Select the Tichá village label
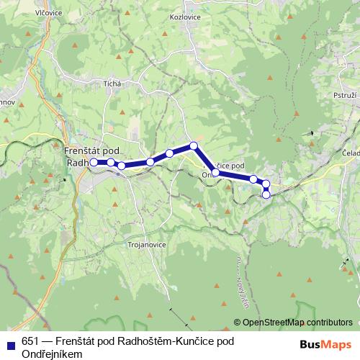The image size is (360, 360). coord(112,84)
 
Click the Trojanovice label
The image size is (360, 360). coord(147,245)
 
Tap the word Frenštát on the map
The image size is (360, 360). coord(81,150)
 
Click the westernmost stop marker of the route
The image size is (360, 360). coord(94,162)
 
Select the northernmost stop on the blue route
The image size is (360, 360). coord(194,146)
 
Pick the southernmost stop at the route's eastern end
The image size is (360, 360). coord(266,194)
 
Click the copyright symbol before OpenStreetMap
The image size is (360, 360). coord(236,322)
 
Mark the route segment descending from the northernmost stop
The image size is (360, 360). coord(204,159)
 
